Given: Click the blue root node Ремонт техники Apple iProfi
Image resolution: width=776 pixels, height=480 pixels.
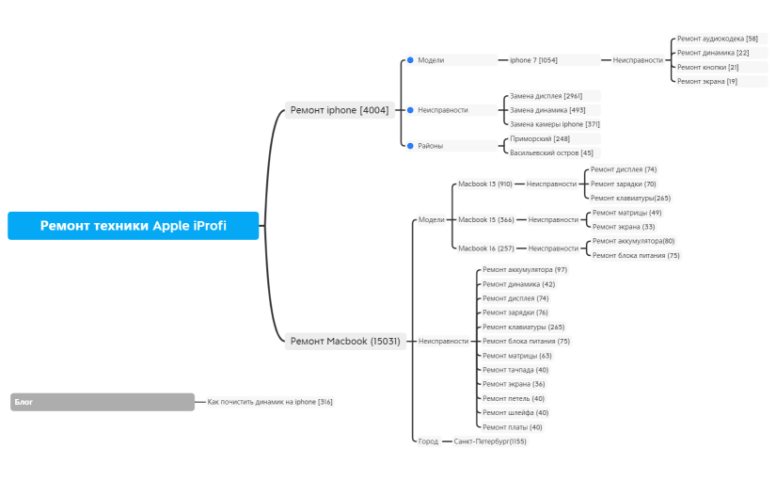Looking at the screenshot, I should point(133,226).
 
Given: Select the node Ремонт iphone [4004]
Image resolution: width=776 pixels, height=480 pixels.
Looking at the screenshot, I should point(339,110).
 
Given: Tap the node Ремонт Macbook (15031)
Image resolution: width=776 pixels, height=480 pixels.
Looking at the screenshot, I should point(345,341).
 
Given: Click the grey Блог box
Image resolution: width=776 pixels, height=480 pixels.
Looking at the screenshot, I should point(102,402).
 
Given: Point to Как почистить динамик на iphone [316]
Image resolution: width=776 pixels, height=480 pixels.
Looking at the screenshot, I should point(269,402).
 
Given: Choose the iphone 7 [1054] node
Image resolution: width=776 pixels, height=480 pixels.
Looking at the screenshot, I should point(533,60).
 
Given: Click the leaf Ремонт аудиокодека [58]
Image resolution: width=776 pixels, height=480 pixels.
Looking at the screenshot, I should point(717,39).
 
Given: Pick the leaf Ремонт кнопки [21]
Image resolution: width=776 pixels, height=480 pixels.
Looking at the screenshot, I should point(707,67).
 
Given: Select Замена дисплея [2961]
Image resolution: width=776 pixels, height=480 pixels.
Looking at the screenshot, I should point(546,96).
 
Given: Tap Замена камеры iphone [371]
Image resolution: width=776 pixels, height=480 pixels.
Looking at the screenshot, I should point(554,124).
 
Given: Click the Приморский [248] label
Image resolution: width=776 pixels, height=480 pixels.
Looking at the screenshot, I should point(532,138).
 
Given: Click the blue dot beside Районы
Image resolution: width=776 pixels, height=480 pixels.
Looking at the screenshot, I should point(410,146).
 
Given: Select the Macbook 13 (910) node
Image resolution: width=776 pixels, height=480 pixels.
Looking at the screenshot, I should point(484,184).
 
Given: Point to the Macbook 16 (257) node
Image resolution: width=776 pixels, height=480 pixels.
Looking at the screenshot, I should point(485,248).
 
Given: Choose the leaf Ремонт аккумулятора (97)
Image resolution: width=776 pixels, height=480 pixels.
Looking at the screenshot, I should point(524,269).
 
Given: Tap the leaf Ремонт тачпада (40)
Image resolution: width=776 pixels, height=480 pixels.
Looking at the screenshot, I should point(515,370).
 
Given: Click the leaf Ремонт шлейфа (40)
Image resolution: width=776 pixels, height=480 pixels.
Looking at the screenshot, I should point(515,412).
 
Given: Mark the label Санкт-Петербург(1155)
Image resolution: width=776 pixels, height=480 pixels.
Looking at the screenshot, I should point(490,440).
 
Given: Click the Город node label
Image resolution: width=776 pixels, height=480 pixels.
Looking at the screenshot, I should point(428,440).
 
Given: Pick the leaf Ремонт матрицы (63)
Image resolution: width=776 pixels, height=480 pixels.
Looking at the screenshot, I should point(516,356).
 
